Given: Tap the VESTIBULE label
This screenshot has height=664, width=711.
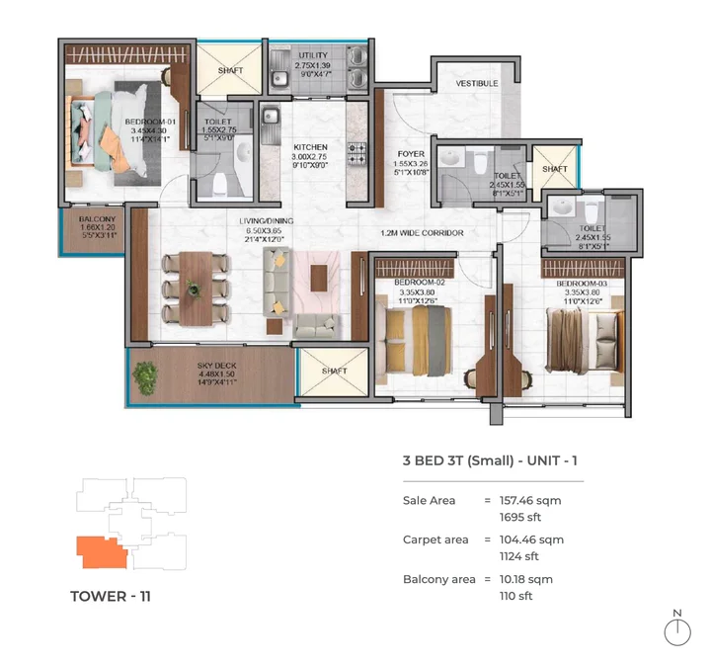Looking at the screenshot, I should [x=476, y=84].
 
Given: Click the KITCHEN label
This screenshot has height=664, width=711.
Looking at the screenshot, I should [x=309, y=147].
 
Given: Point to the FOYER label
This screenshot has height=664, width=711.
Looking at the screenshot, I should [x=411, y=154].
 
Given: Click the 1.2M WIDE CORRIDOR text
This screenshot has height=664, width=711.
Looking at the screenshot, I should [x=423, y=233].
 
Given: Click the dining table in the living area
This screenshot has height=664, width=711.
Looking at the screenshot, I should [x=194, y=289].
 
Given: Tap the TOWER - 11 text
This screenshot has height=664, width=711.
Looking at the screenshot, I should [x=111, y=596].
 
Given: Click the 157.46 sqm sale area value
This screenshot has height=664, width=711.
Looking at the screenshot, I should [x=529, y=501].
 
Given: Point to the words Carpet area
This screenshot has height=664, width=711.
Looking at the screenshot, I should [x=435, y=539].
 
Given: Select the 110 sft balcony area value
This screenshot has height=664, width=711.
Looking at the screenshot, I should [x=518, y=596].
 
